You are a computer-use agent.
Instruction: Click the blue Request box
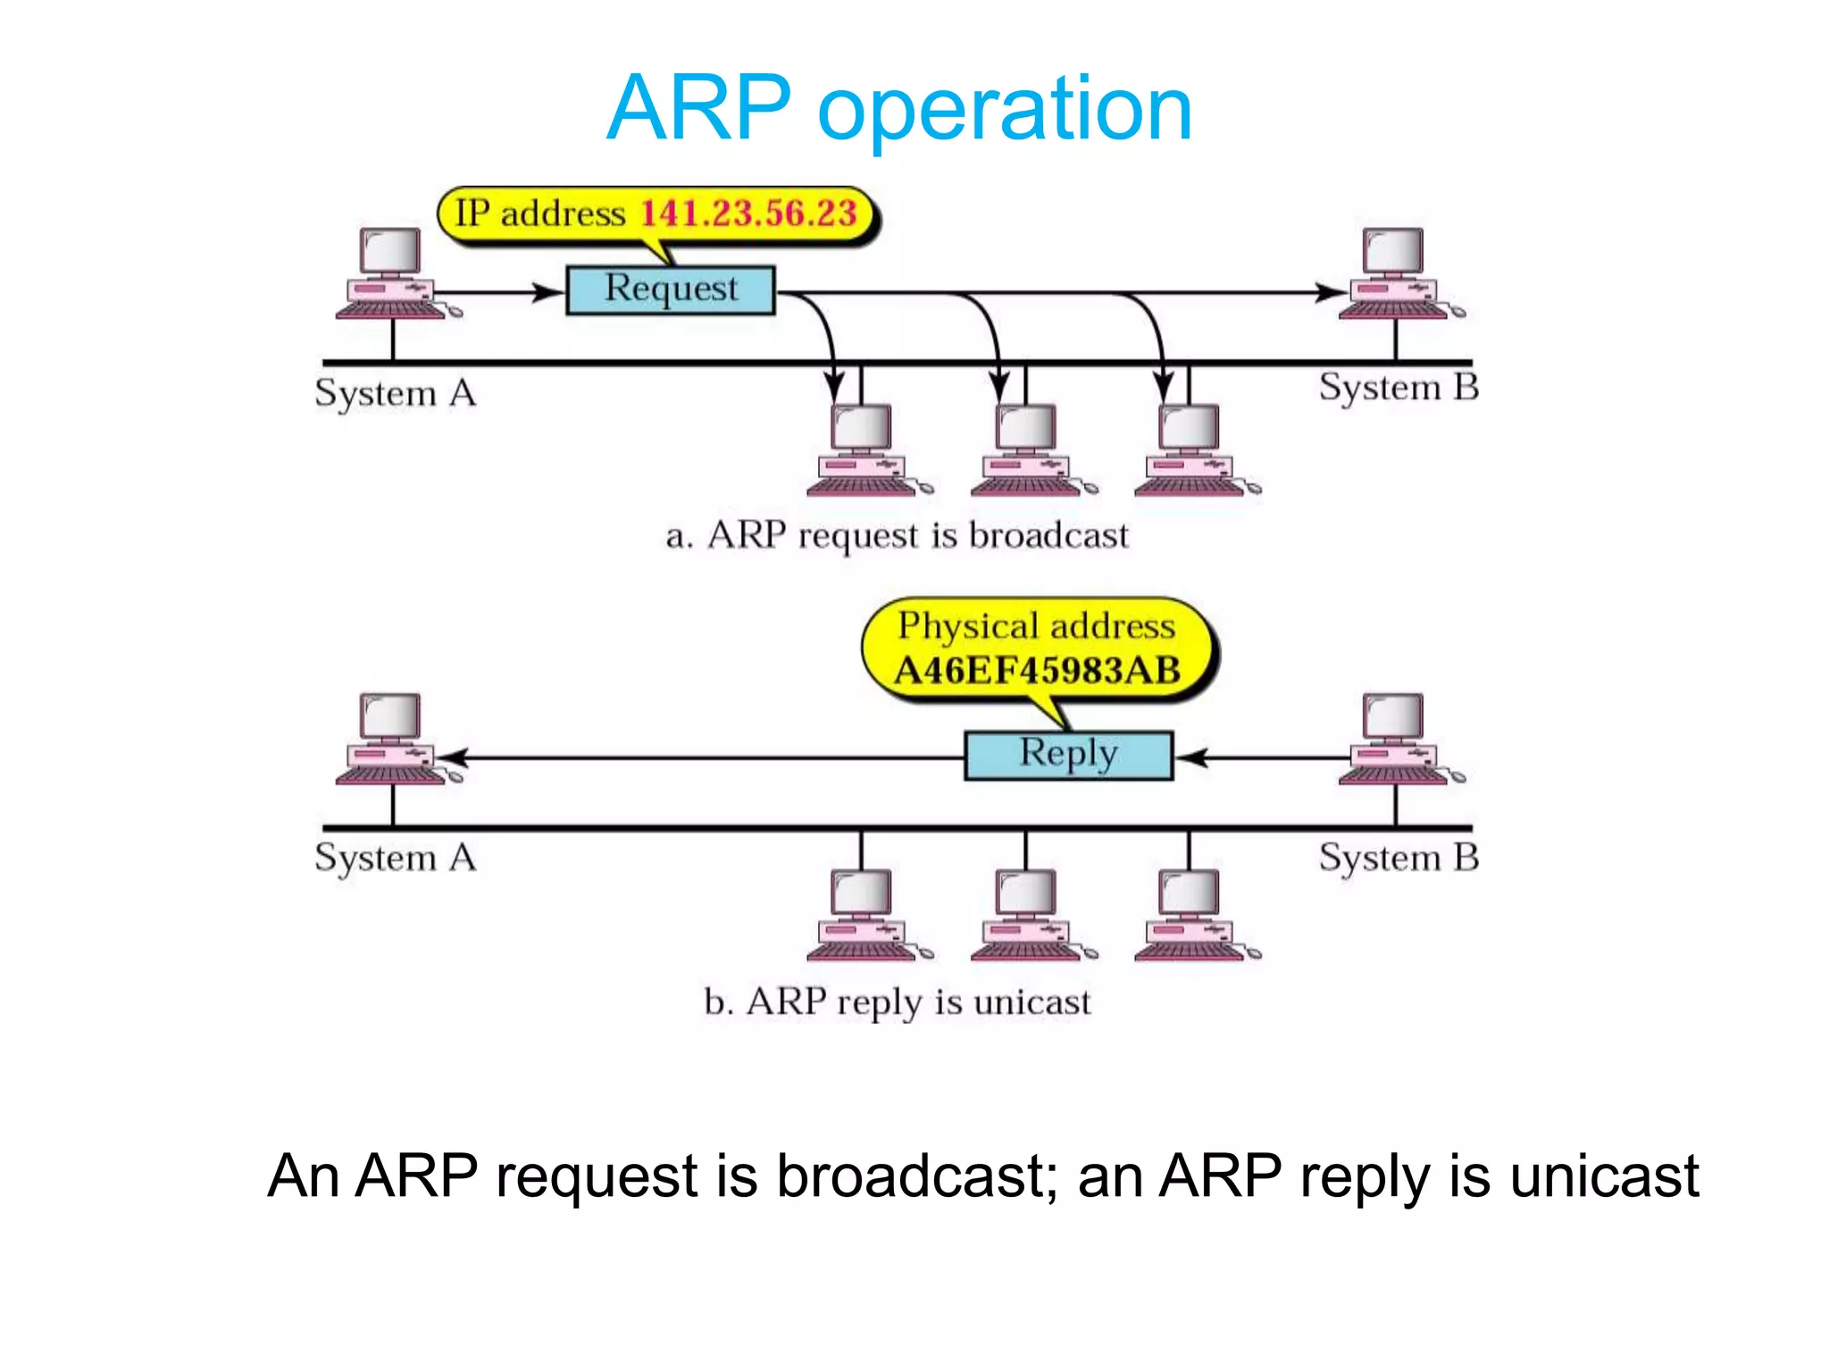coord(671,289)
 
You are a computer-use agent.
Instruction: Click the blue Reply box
coord(1068,755)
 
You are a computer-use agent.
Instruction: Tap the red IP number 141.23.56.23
coord(748,213)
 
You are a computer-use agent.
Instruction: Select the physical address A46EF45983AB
coord(1037,671)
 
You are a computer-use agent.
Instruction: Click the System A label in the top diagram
coord(396,393)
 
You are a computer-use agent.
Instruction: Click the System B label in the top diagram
coord(1399,388)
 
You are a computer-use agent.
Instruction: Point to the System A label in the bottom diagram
coord(396,857)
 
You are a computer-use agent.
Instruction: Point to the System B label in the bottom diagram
coord(1399,857)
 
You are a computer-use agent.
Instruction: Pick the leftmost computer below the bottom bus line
coord(863,915)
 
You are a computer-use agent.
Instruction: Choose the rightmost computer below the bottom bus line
coord(1191,915)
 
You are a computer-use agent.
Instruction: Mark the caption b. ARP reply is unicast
coord(897,1001)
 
